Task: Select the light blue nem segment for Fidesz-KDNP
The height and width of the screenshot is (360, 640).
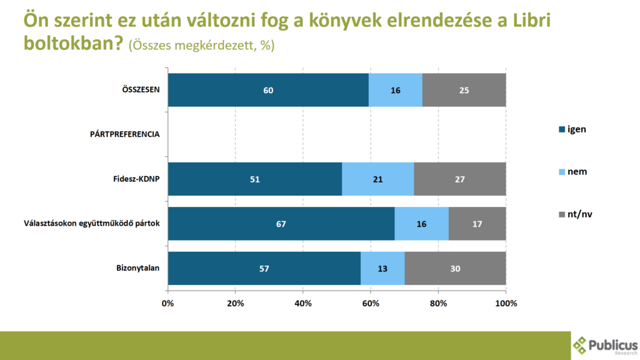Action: [377, 179]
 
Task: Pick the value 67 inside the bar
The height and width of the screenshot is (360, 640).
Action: [281, 224]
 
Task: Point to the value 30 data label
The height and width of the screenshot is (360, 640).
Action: [455, 269]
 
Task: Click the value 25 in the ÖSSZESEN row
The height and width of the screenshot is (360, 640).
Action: [464, 90]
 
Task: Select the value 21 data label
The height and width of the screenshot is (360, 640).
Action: [377, 179]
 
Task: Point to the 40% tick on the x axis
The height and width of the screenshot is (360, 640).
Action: [303, 304]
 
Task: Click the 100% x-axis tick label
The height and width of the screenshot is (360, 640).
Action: [505, 304]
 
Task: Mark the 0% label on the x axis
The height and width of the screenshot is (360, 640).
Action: [167, 304]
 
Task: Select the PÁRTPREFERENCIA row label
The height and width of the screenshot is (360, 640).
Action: [124, 134]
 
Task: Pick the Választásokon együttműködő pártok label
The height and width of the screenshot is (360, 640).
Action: [92, 224]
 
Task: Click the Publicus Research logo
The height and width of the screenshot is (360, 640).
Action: [604, 345]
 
